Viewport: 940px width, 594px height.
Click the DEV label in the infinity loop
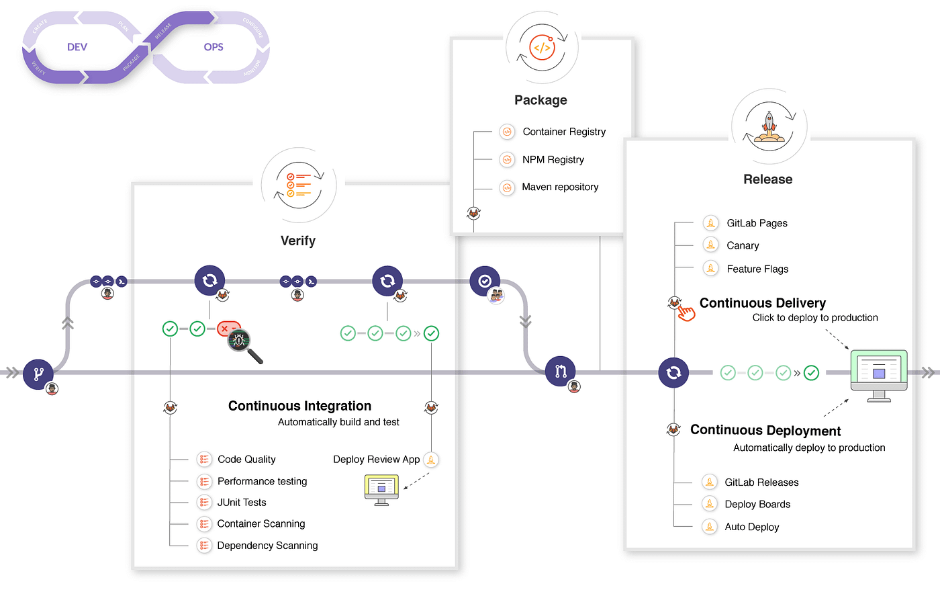(x=77, y=47)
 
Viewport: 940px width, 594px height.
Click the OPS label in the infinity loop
(x=214, y=47)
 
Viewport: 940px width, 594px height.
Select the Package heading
(x=540, y=100)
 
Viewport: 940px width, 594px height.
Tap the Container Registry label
(x=564, y=132)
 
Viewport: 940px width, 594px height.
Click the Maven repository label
(x=560, y=187)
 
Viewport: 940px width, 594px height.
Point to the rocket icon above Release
(x=769, y=126)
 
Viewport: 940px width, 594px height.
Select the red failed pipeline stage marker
(x=228, y=329)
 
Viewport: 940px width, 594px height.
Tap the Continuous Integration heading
(x=299, y=406)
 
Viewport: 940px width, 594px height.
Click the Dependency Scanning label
(x=267, y=546)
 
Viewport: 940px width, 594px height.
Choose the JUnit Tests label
(x=242, y=503)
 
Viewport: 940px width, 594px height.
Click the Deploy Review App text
(x=376, y=460)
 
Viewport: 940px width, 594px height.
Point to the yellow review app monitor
(x=381, y=489)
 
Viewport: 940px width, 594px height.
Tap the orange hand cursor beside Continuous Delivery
(x=686, y=313)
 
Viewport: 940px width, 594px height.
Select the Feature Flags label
(x=757, y=269)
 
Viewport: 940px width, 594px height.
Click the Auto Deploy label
(x=752, y=527)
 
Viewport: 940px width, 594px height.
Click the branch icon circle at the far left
(x=38, y=373)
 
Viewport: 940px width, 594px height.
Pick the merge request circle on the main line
(x=561, y=371)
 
